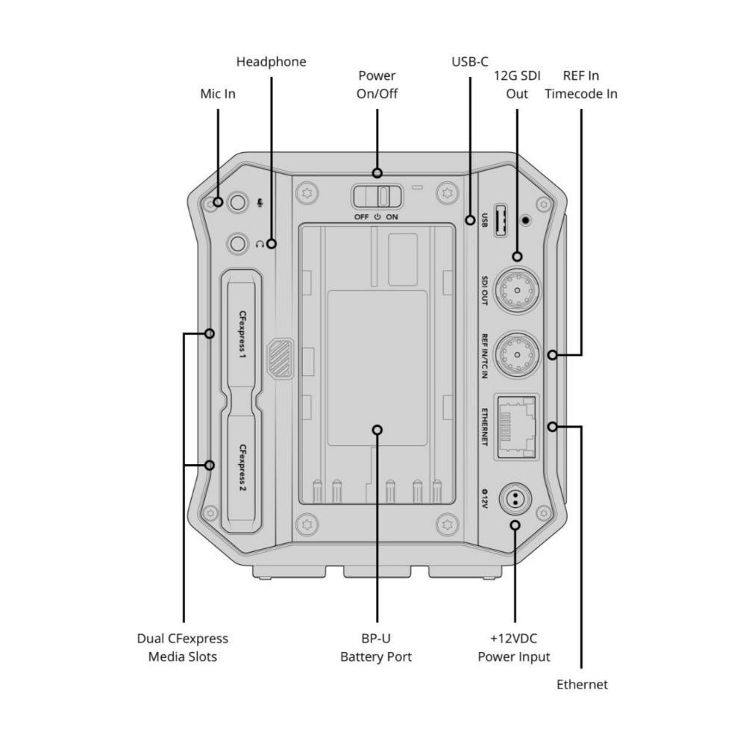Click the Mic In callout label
218,95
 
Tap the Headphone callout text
271,62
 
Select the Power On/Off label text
377,85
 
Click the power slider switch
377,196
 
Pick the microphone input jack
238,201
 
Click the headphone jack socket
238,242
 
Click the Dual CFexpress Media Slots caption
182,648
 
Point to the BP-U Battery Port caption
376,648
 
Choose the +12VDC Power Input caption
514,648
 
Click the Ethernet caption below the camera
582,684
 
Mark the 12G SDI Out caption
517,85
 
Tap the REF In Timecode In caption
580,85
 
